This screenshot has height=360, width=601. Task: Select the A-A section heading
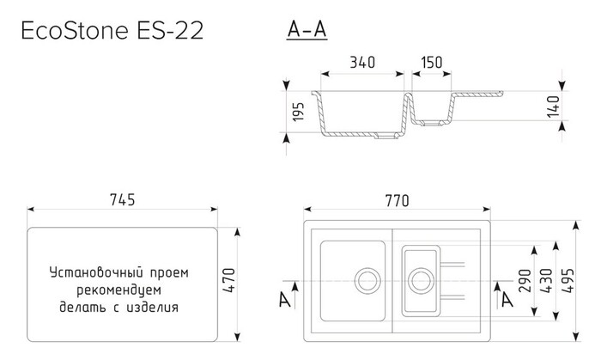(x=307, y=31)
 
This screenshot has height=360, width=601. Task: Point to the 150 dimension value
(x=434, y=62)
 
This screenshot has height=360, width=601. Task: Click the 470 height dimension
(x=228, y=281)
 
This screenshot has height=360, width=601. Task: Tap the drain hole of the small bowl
(x=420, y=280)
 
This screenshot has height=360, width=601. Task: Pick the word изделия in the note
(x=155, y=306)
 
